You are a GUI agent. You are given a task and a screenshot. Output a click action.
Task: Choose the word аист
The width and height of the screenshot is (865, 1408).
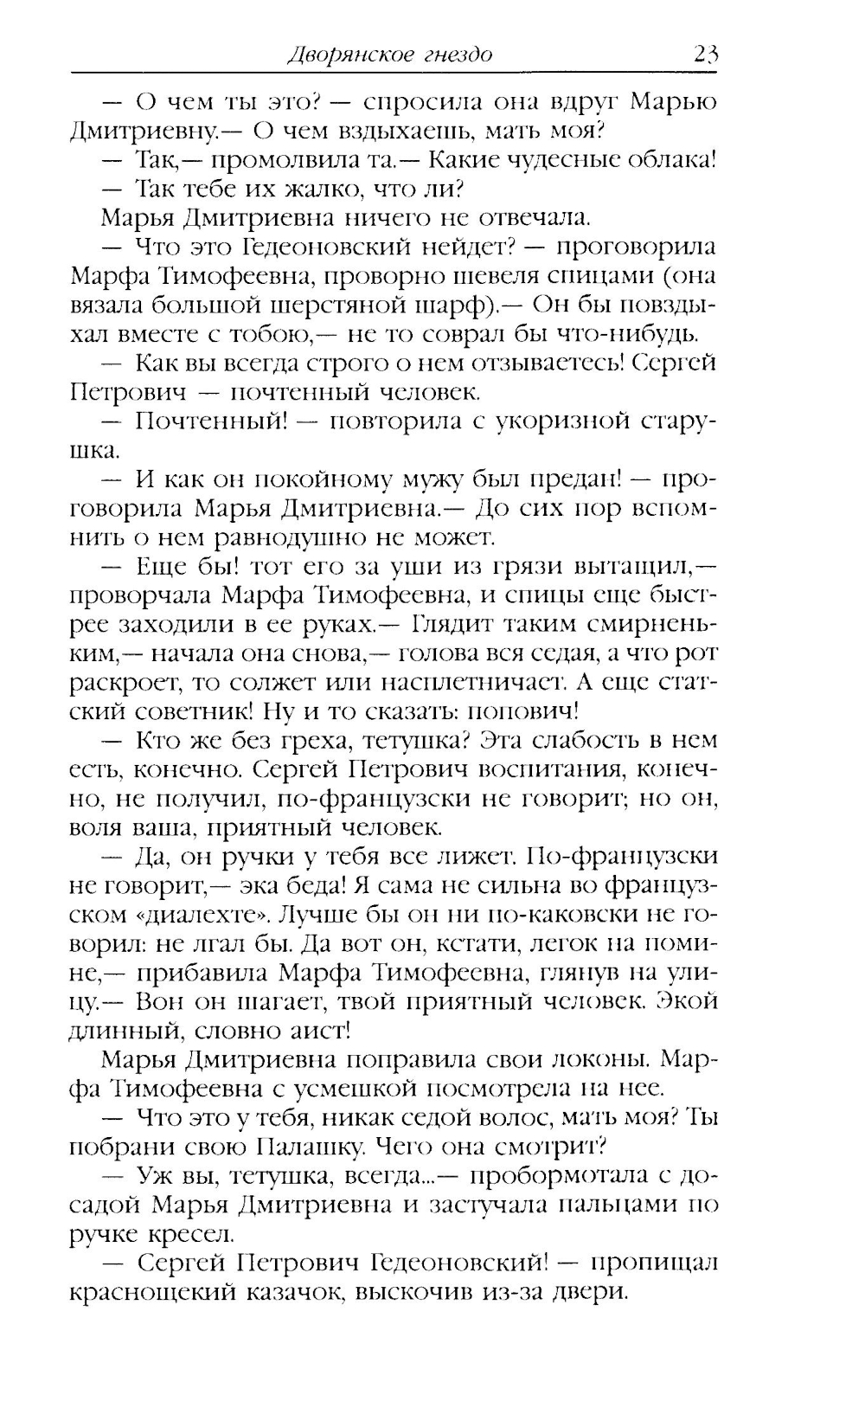[x=316, y=1032]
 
